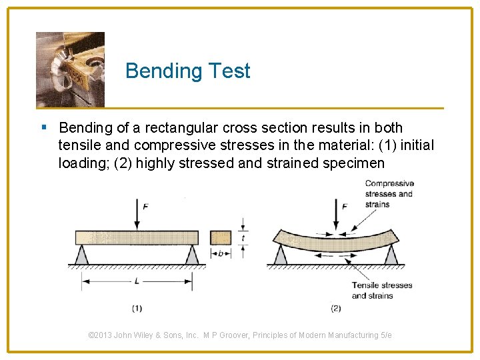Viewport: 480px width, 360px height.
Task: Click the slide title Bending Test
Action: point(187,71)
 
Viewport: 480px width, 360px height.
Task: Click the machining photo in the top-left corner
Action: point(70,69)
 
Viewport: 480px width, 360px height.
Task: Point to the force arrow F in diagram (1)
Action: point(137,213)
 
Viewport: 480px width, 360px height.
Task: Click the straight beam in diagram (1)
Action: point(137,237)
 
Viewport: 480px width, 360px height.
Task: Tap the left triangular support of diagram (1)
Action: point(81,254)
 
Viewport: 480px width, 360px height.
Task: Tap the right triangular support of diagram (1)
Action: point(192,254)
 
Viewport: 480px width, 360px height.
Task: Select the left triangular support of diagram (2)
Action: point(280,254)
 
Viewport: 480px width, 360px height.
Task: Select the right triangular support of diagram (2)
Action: point(391,254)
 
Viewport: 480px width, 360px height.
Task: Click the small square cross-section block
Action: point(221,237)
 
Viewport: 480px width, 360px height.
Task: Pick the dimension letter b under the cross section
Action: point(221,253)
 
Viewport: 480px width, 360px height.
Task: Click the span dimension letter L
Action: point(137,281)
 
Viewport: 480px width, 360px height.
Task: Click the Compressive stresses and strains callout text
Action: point(389,194)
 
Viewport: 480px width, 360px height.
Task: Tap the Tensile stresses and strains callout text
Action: point(382,290)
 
